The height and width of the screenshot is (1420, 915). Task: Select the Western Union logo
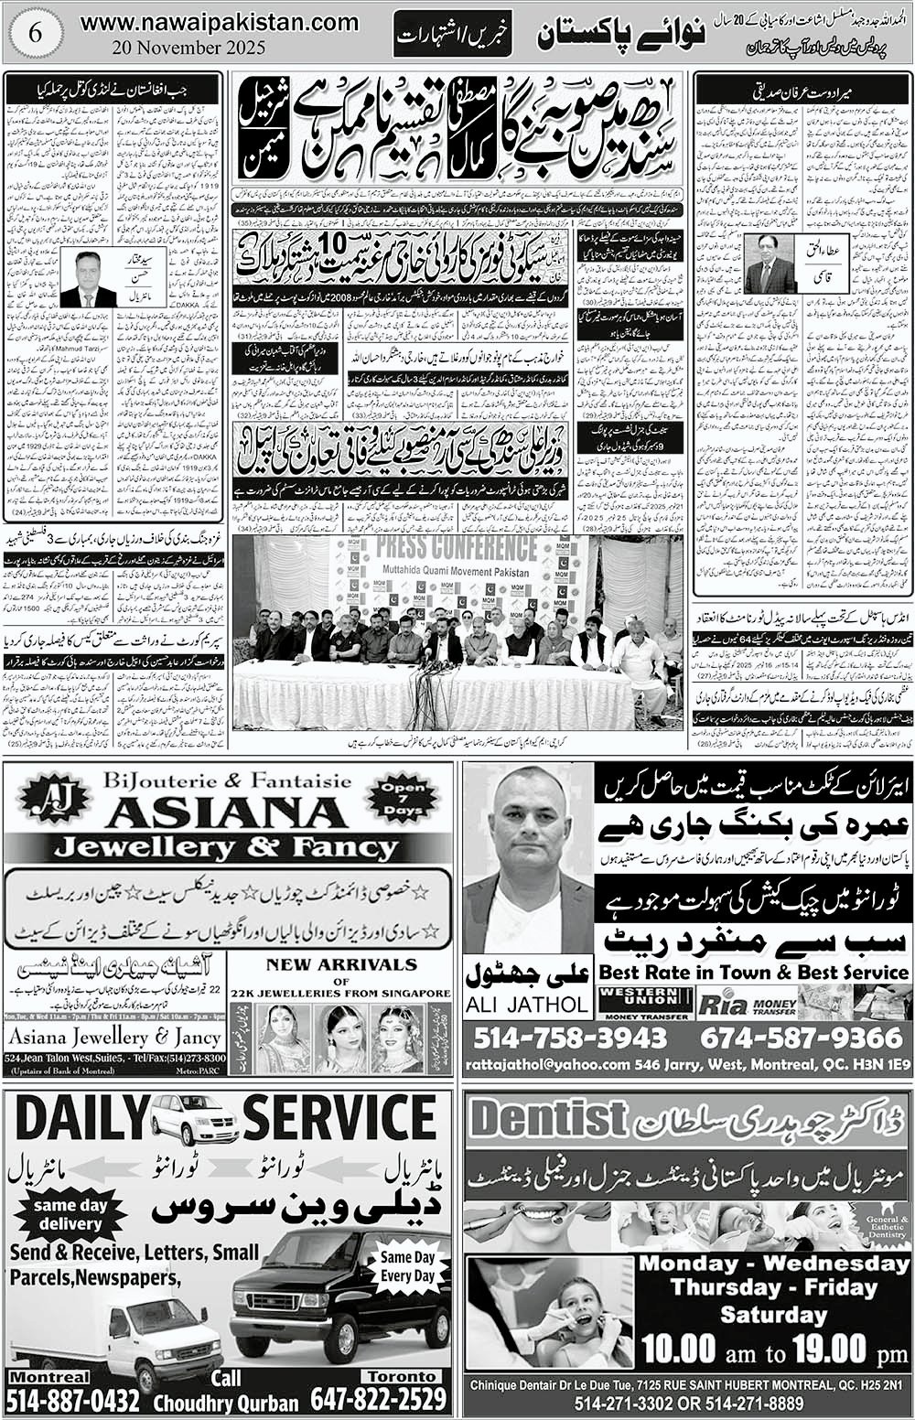[644, 1002]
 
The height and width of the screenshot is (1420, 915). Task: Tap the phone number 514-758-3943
[571, 1038]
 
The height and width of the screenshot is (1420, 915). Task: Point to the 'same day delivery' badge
[70, 1214]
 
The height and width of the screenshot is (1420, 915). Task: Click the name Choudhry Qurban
[225, 1403]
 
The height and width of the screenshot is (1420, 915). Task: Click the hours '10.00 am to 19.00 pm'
[774, 1348]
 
